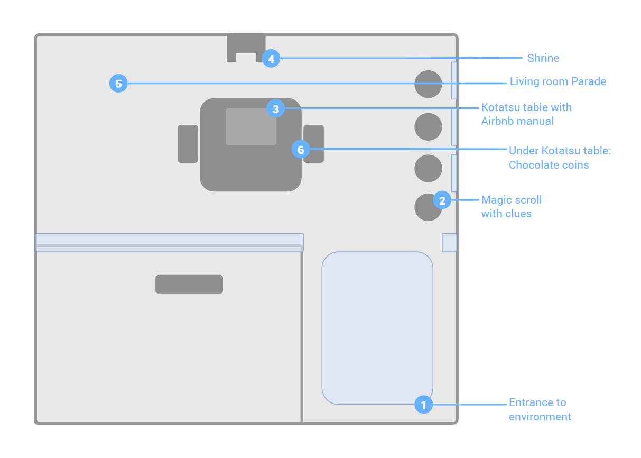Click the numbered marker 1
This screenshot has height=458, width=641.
point(423,404)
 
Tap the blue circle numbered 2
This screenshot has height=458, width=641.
point(442,200)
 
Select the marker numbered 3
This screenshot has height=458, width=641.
point(275,108)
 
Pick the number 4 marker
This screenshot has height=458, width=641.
point(271,58)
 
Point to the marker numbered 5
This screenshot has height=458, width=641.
point(118,84)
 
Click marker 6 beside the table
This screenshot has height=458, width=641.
point(301,149)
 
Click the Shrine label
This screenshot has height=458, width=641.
point(543,58)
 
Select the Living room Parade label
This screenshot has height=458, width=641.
point(558,81)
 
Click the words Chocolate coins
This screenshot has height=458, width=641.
point(549,165)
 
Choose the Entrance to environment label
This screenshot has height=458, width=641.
point(540,409)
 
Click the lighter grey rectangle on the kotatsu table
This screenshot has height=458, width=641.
point(251,126)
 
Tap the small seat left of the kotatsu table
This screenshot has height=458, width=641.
point(188,144)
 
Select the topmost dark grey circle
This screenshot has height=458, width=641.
point(428,84)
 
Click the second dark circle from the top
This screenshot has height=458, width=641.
point(428,126)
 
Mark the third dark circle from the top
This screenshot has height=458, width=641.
point(428,168)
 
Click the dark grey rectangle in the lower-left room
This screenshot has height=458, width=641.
point(189,284)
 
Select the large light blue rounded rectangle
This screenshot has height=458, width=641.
point(377,328)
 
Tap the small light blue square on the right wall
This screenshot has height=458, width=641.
point(449,243)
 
